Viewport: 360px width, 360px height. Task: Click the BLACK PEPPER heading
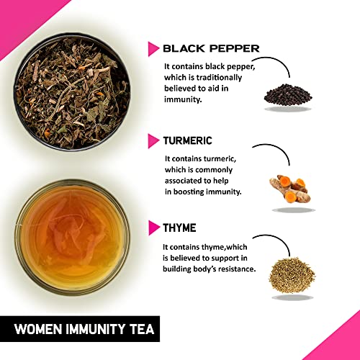pyautogui.click(x=211, y=48)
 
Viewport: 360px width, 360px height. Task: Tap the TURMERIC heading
pyautogui.click(x=188, y=140)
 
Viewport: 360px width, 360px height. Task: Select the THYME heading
pyautogui.click(x=179, y=228)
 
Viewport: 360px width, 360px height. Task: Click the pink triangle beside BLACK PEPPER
pyautogui.click(x=153, y=49)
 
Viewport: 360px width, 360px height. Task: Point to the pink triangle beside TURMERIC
pyautogui.click(x=153, y=141)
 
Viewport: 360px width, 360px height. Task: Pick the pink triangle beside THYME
pyautogui.click(x=153, y=228)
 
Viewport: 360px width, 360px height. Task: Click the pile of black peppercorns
pyautogui.click(x=288, y=94)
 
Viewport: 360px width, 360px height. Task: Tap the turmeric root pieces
pyautogui.click(x=290, y=189)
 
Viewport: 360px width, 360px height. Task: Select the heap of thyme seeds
pyautogui.click(x=292, y=275)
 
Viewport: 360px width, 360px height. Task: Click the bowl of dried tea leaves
pyautogui.click(x=72, y=92)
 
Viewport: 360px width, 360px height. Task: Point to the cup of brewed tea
pyautogui.click(x=72, y=238)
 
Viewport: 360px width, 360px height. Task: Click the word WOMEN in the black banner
pyautogui.click(x=38, y=329)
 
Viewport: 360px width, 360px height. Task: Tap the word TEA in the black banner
pyautogui.click(x=143, y=329)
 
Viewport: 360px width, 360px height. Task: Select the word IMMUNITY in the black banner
pyautogui.click(x=96, y=329)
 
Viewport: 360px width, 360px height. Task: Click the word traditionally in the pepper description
pyautogui.click(x=219, y=78)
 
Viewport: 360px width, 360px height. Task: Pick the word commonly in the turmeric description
pyautogui.click(x=214, y=170)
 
